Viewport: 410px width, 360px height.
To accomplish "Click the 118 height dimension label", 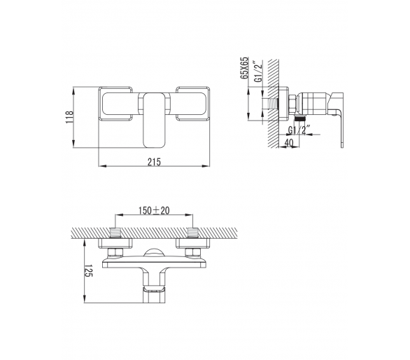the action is [69, 117].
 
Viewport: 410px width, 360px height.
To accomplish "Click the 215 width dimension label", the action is [154, 162].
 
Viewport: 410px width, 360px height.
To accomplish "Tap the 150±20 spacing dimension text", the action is [154, 211].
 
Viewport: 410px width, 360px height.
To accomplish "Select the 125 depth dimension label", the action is [88, 271].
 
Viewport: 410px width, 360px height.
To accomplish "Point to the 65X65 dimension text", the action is [244, 68].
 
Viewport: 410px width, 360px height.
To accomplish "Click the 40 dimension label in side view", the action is [288, 143].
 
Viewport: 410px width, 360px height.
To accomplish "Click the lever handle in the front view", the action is [154, 119].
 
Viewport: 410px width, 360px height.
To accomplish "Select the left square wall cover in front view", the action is [115, 104].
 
